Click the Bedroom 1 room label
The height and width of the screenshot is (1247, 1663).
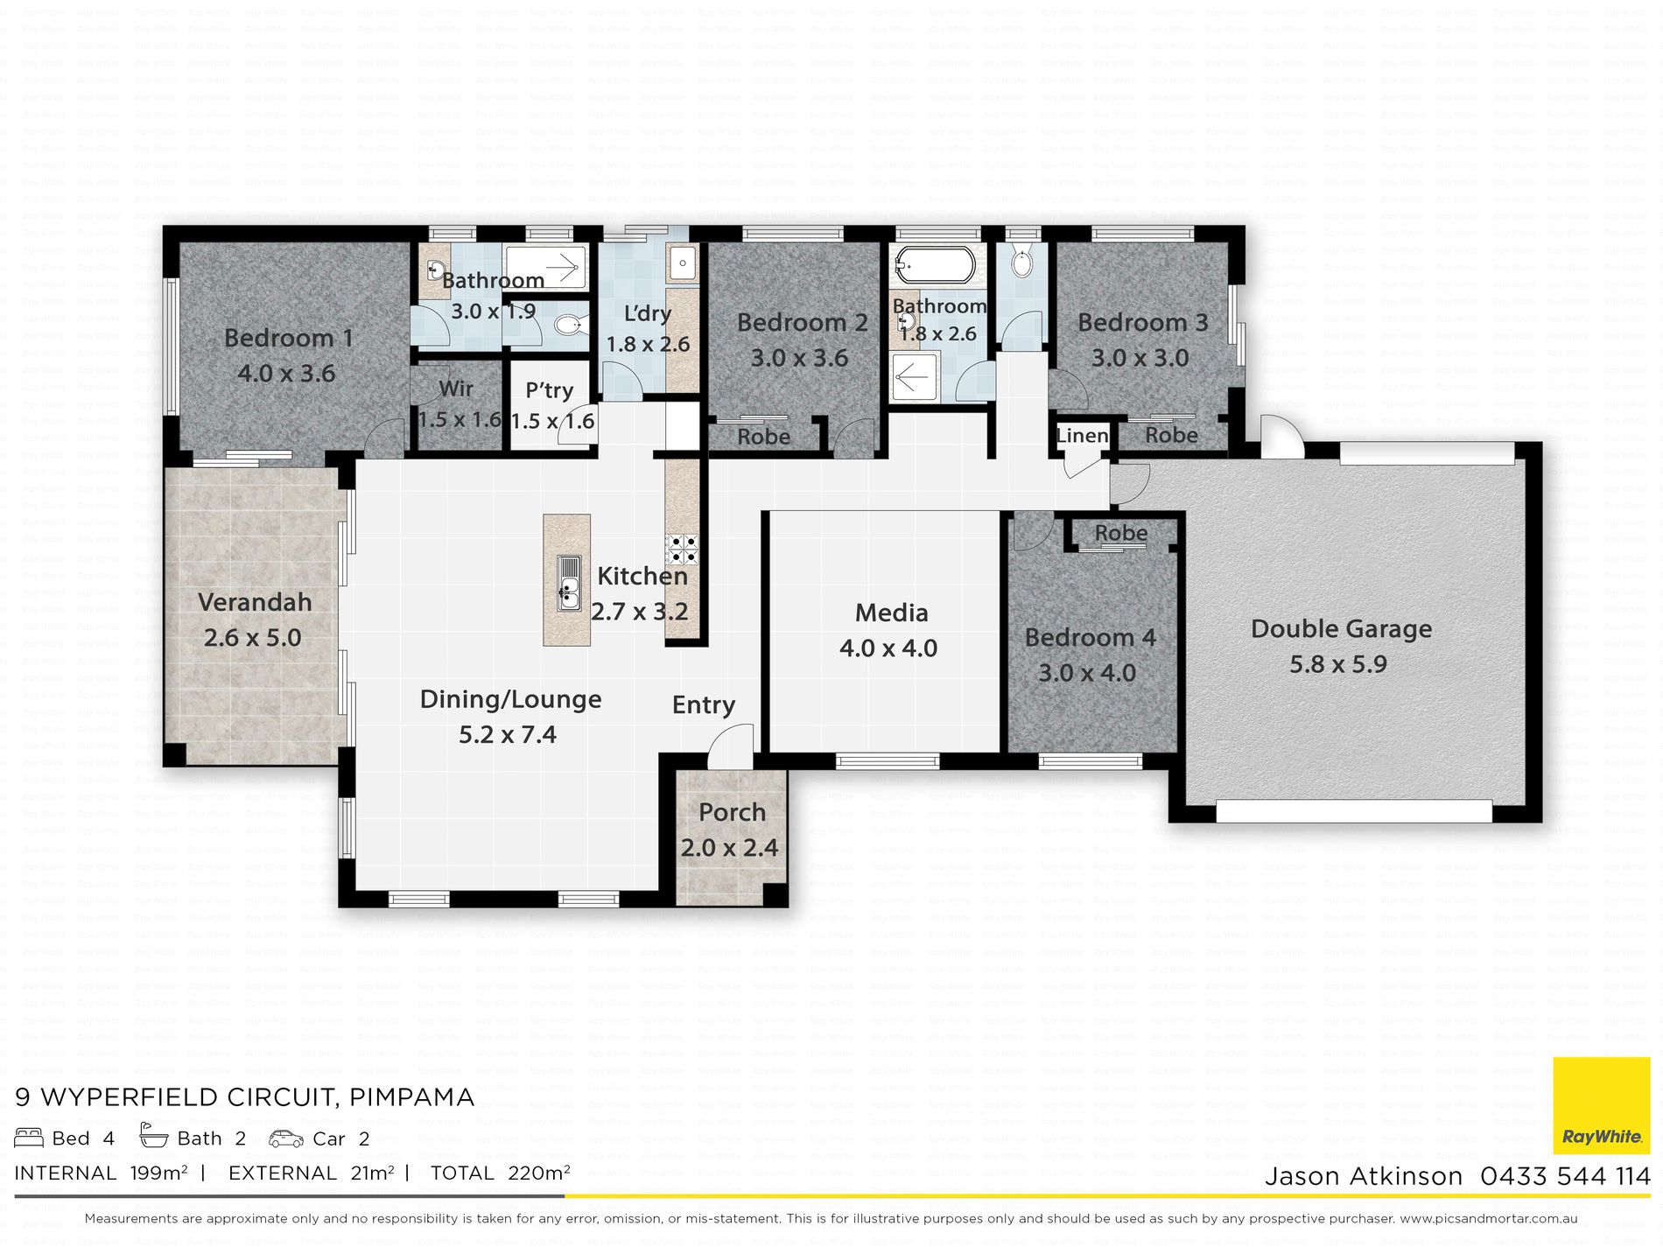click(x=288, y=338)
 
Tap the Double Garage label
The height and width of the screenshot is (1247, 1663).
click(x=1341, y=628)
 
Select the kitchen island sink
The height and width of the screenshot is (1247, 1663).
click(x=568, y=582)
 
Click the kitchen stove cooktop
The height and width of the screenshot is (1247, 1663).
click(x=681, y=549)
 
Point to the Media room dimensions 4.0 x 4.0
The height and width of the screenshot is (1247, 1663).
click(x=888, y=648)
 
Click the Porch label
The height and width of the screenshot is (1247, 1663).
click(x=732, y=812)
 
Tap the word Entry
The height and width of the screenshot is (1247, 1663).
click(x=703, y=705)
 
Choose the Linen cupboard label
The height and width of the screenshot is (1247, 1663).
click(x=1082, y=435)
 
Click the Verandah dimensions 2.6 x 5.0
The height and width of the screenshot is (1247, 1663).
click(x=252, y=638)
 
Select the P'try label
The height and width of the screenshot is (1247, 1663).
click(x=550, y=390)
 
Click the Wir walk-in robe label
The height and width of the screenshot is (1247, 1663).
click(x=456, y=388)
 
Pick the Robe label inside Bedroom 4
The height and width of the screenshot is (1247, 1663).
click(x=1120, y=533)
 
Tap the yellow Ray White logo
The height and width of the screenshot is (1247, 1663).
click(x=1602, y=1107)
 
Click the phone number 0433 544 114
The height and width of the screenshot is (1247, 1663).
click(x=1565, y=1176)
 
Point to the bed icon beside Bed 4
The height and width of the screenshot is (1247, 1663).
click(x=29, y=1138)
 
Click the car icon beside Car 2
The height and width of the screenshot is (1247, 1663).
click(x=286, y=1138)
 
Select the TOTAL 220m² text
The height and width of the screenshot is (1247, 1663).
click(x=500, y=1173)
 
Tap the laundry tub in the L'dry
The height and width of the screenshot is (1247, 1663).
click(x=682, y=262)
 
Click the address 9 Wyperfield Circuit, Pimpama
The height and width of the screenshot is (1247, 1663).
click(x=245, y=1096)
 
